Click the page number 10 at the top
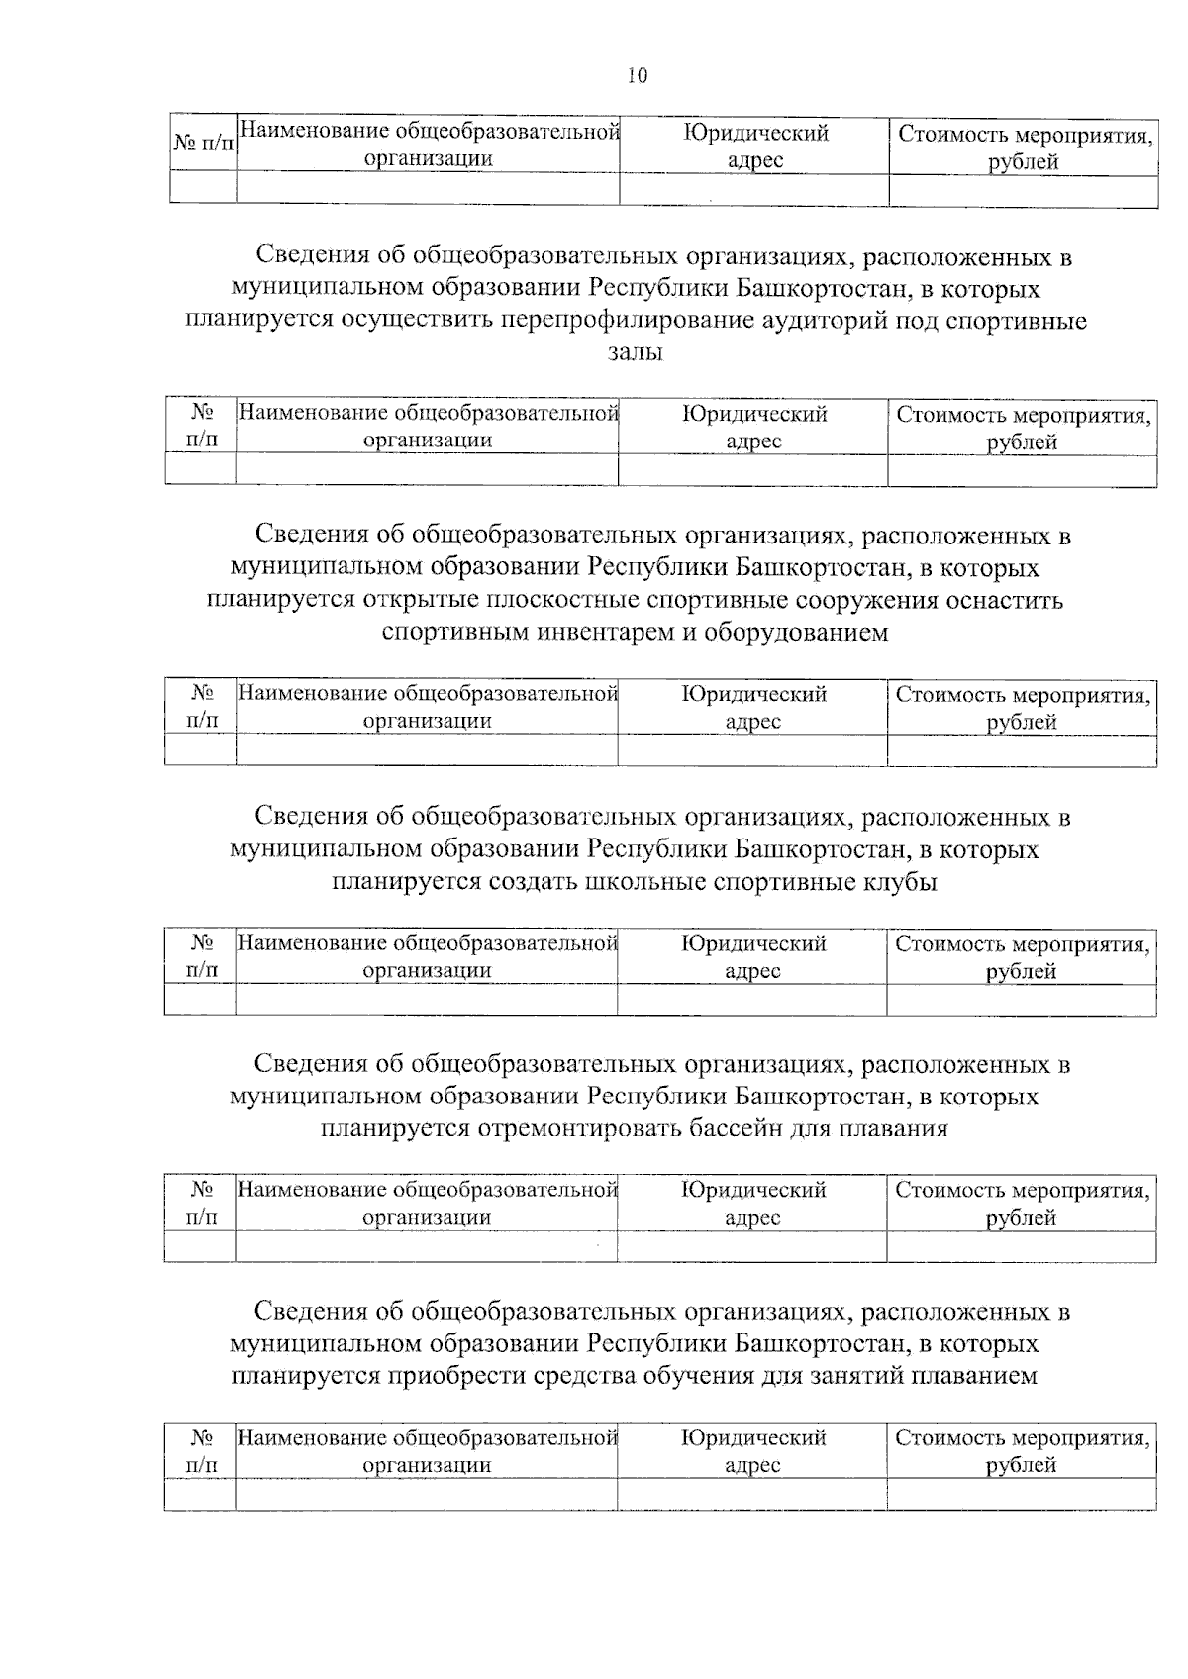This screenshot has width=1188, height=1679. tap(637, 76)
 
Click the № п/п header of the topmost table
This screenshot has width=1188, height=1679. tap(203, 145)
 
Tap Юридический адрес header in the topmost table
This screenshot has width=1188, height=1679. tap(754, 146)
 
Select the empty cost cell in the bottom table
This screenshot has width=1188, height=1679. tap(1021, 1494)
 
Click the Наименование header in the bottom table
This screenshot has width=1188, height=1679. tap(427, 1450)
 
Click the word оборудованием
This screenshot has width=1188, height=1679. tap(796, 633)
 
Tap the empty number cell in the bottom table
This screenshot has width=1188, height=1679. tap(200, 1494)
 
